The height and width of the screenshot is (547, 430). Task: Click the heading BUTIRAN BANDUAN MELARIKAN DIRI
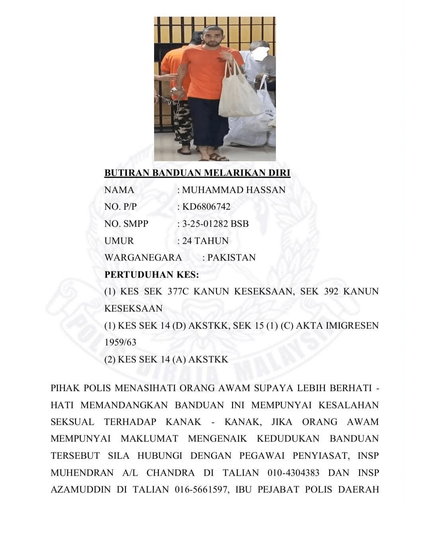(197, 173)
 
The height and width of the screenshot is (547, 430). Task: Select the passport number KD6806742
(206, 207)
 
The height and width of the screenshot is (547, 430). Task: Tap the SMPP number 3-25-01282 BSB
(215, 224)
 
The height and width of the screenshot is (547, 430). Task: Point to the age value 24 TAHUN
(205, 241)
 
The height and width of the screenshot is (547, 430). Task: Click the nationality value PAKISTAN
(231, 258)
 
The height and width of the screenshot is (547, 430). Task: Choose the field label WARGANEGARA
(143, 258)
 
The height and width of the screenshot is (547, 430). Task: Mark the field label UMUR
(119, 241)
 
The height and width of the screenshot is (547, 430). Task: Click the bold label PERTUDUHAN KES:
(151, 275)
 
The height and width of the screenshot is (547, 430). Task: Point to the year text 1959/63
(120, 342)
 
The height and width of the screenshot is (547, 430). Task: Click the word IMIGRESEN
(352, 325)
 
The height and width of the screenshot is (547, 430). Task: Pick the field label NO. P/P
(120, 207)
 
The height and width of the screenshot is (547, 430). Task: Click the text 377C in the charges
(178, 291)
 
